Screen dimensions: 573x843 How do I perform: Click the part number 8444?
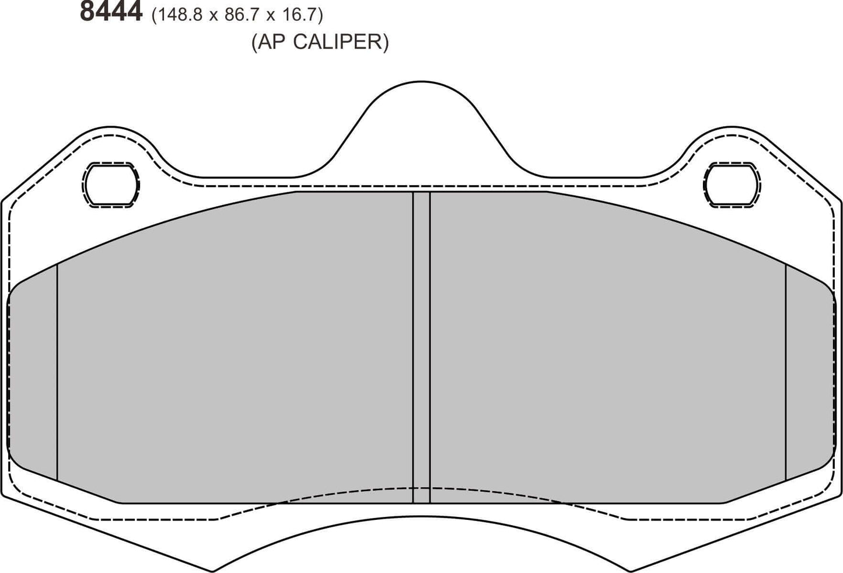click(x=111, y=12)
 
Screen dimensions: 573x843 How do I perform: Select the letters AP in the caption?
click(x=272, y=42)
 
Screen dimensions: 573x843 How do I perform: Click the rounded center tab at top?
click(x=421, y=117)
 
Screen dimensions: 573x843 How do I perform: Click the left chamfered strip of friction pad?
click(x=33, y=374)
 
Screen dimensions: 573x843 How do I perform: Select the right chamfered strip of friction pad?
click(x=810, y=374)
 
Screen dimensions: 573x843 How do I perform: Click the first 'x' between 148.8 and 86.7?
click(x=214, y=15)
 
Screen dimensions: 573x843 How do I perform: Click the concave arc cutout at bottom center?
click(x=421, y=526)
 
